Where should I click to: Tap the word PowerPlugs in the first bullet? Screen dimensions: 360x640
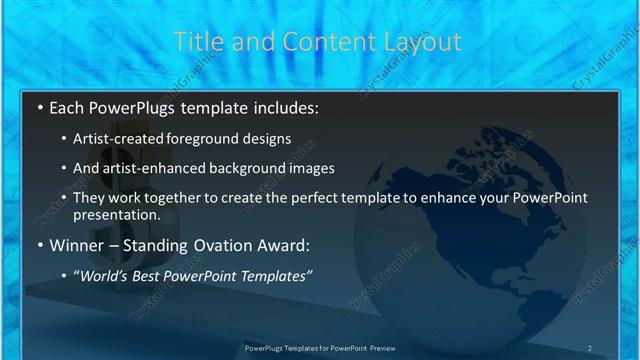130,107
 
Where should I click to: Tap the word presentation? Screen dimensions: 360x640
116,214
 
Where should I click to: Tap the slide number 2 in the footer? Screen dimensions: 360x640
589,348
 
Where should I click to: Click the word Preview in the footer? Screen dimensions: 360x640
379,348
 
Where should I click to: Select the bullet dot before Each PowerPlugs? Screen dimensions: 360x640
38,107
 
